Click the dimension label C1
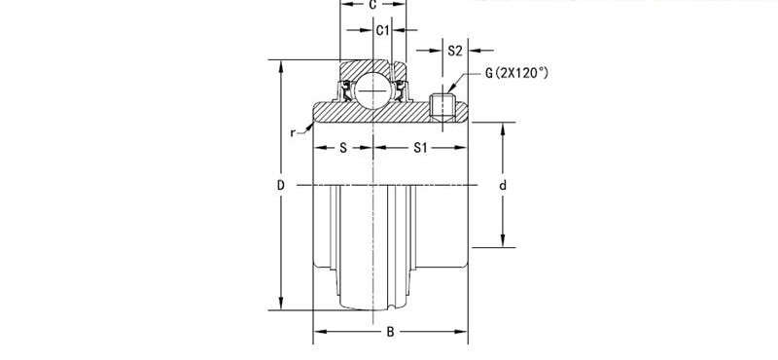[383, 31]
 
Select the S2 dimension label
[454, 50]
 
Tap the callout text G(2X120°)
[521, 73]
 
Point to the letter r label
[293, 132]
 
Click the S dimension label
[343, 149]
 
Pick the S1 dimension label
[420, 149]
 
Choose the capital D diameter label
[280, 185]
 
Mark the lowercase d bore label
[503, 185]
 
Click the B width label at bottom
[390, 332]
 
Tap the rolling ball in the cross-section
[372, 90]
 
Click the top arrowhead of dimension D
[282, 66]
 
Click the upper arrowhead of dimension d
[503, 127]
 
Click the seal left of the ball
[345, 92]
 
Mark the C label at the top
[372, 5]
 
